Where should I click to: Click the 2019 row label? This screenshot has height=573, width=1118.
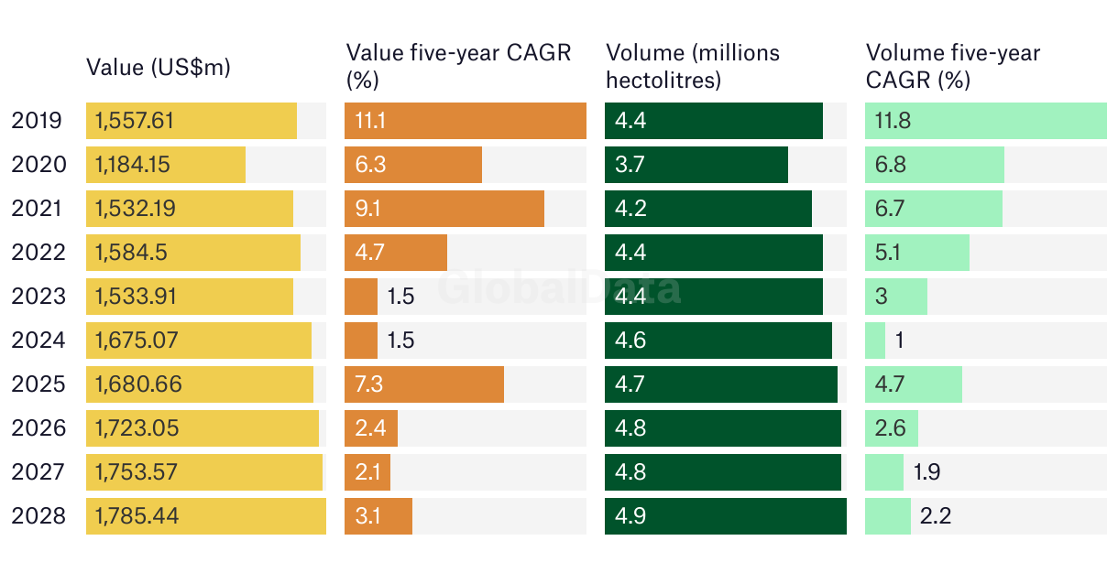coord(38,121)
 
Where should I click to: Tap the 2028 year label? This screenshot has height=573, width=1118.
coord(38,516)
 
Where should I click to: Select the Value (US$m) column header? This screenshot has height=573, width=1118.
coord(158,67)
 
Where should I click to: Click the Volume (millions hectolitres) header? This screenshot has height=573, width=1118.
coord(692,67)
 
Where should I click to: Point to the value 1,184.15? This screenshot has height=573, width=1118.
coord(133,165)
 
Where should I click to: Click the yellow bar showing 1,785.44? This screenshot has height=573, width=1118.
coord(205,516)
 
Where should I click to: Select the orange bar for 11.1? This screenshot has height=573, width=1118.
coord(465,121)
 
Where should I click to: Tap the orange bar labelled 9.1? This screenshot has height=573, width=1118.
coord(444,209)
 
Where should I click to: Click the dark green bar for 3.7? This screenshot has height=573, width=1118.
coord(696,165)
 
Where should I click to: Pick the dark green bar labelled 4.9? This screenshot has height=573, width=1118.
coord(725,516)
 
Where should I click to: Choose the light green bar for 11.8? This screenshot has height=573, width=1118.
coord(985,121)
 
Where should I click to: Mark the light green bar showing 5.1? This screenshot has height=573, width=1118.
coord(916,253)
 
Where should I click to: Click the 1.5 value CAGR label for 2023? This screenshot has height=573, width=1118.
coord(400,297)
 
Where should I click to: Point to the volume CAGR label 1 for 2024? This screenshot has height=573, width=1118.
coord(899,341)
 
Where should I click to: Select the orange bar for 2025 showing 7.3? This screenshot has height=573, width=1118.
coord(423,384)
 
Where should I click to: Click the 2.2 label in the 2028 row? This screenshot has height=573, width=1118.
coord(936,516)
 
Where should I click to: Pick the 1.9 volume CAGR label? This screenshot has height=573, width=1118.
coord(927,472)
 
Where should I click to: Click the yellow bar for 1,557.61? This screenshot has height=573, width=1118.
coord(191,121)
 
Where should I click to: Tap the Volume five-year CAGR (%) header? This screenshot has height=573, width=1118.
coord(953,67)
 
